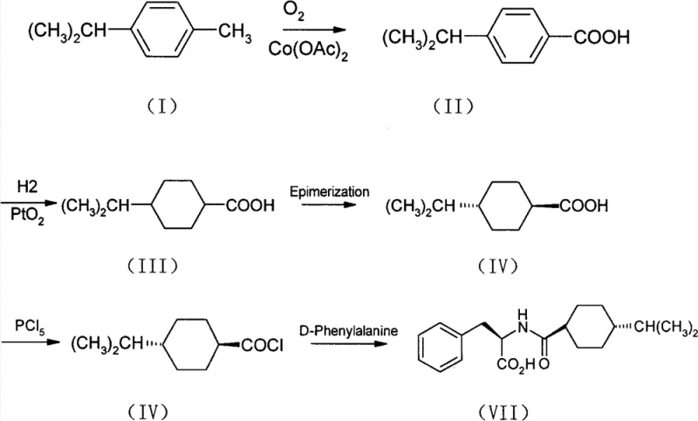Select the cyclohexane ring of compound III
click(175, 206)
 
